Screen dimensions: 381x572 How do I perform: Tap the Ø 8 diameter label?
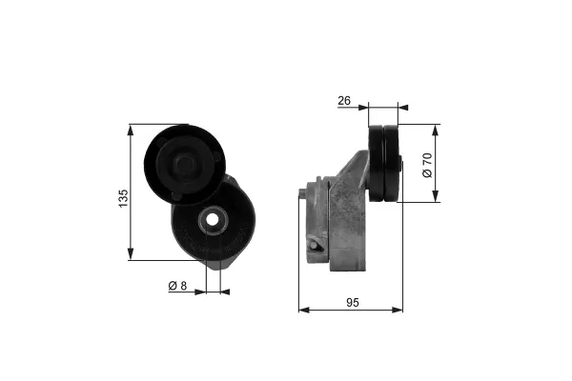(176, 286)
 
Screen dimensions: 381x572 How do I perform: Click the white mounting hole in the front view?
(214, 224)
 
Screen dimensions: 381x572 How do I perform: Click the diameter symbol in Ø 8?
(171, 286)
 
